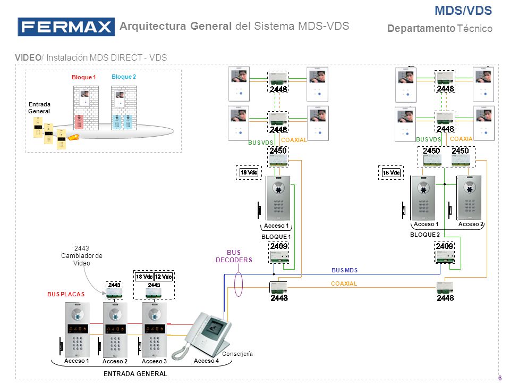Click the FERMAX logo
coord(66,27)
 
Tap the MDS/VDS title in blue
coord(463,11)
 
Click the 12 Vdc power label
coord(163,277)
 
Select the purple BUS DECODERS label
coord(234,256)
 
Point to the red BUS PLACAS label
coord(66,294)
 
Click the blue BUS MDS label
coord(344,270)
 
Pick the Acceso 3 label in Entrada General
coord(154,361)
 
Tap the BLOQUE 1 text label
coord(276,237)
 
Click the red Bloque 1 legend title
coord(83,77)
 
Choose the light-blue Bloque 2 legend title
coord(124,77)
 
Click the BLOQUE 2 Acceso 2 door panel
coord(469,198)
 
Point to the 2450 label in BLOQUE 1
coord(278,151)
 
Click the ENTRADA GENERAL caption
coord(135,374)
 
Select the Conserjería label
coord(237,354)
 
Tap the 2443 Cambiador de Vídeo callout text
coord(82,256)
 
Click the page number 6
coord(500,378)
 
